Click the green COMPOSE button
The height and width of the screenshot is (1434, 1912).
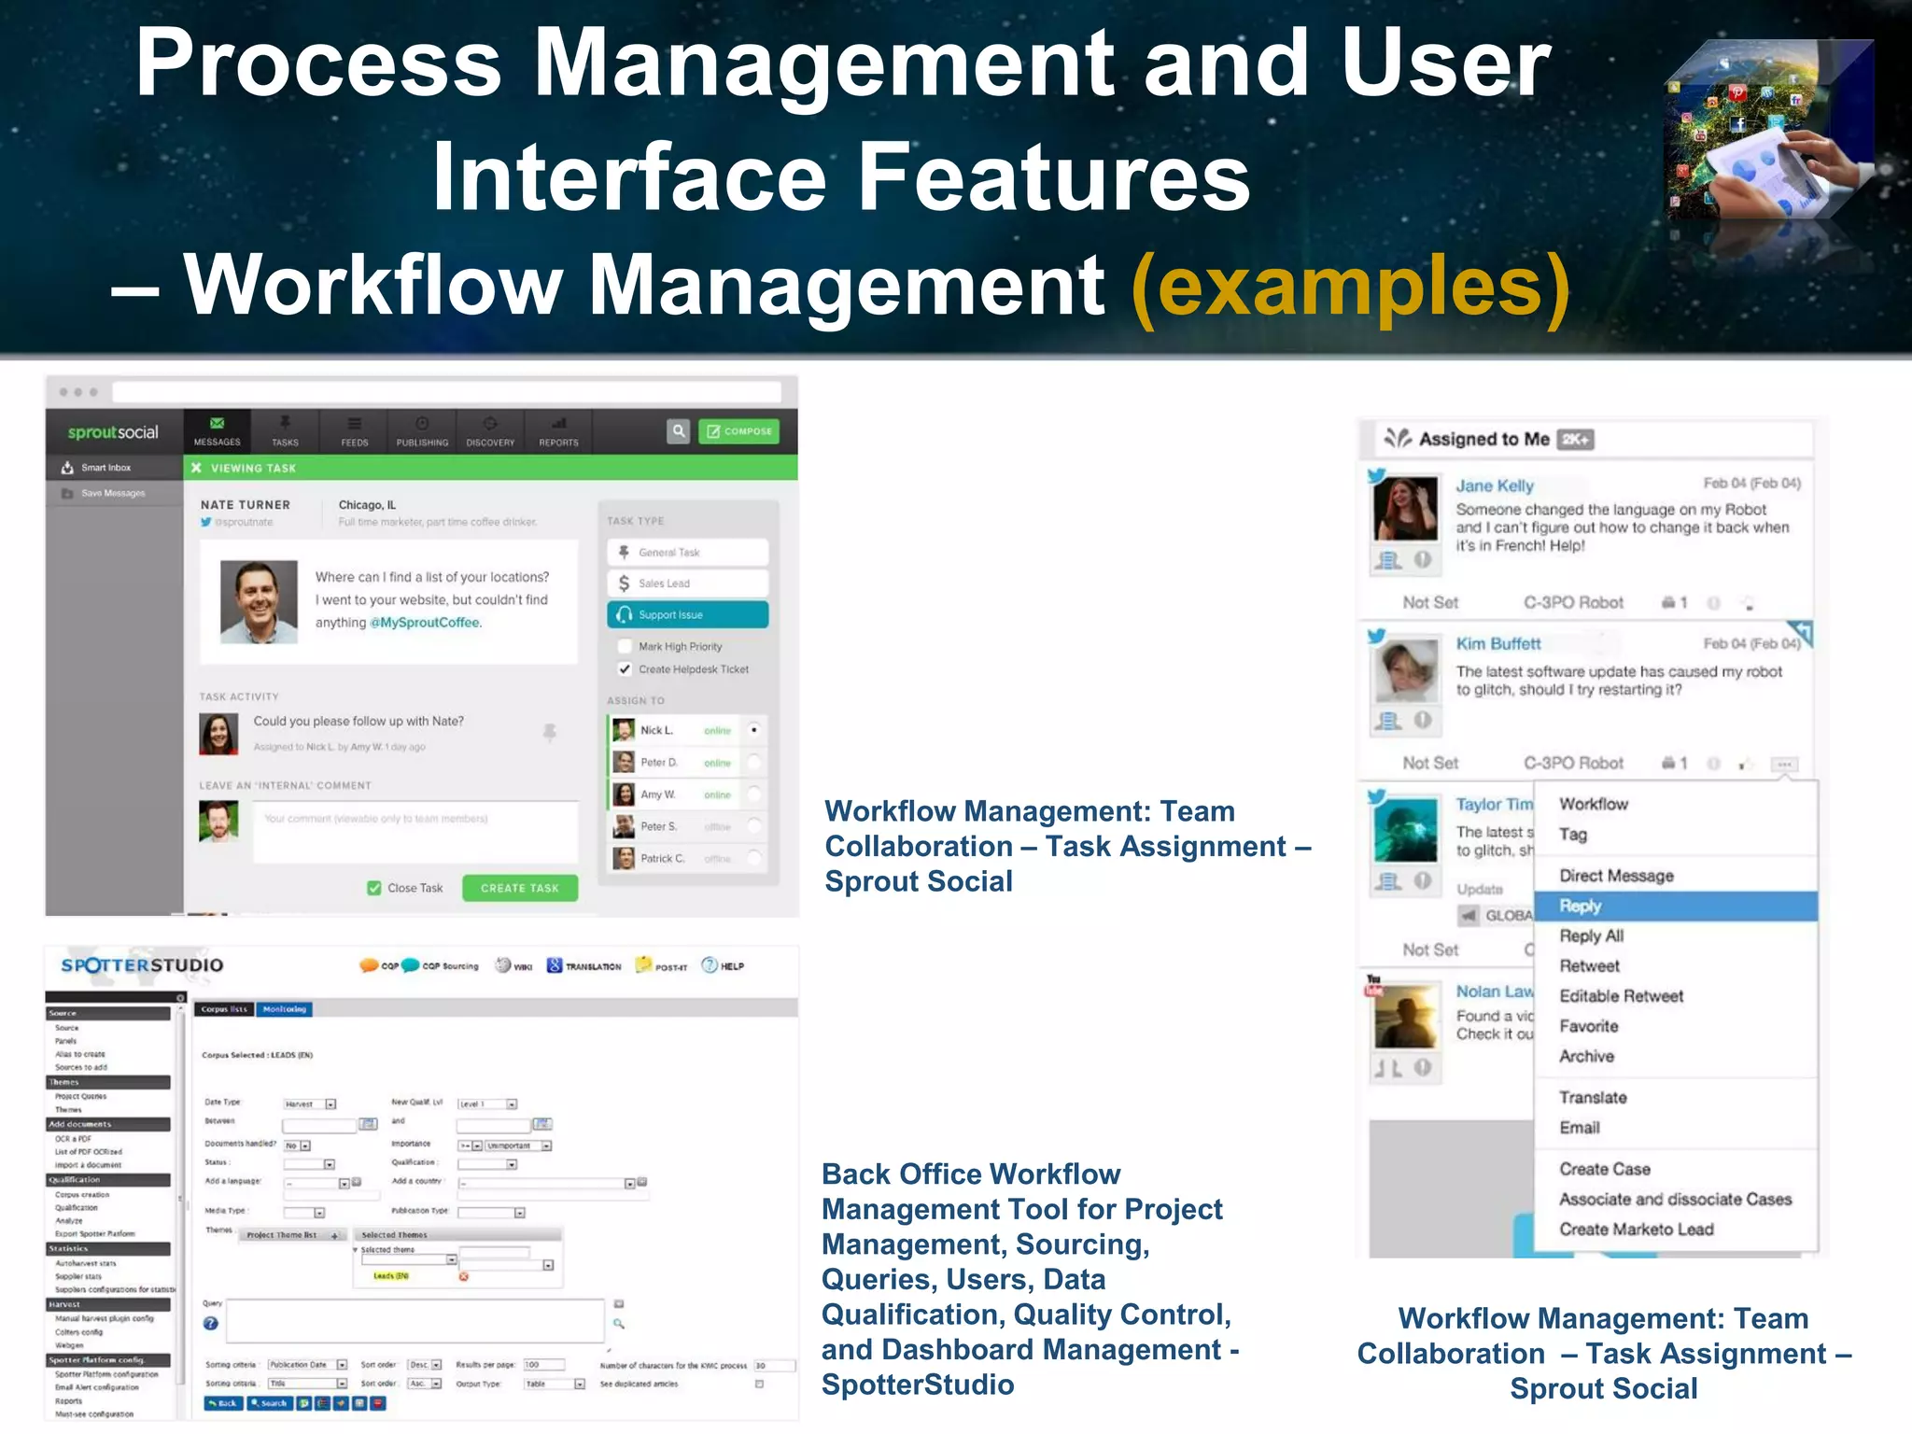(738, 431)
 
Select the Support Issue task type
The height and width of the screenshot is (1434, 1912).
(687, 614)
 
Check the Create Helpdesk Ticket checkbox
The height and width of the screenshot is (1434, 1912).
(625, 669)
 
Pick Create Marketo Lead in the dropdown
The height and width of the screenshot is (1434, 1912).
(1636, 1230)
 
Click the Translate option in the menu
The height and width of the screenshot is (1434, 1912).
(1593, 1097)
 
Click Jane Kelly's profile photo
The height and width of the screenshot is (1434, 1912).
(1405, 510)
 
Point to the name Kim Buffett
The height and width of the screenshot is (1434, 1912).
(1497, 643)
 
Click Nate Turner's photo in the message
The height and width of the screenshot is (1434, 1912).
(259, 602)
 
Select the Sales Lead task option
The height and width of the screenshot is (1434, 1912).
(687, 583)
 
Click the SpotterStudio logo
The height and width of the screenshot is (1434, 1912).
(142, 965)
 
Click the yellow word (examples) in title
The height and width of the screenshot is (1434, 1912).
(1350, 288)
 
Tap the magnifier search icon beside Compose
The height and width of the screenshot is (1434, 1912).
(679, 431)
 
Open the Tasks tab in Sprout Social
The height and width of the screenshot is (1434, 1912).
(285, 431)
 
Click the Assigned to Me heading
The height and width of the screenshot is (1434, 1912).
(1483, 439)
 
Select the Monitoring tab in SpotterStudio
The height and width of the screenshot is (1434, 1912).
(284, 1009)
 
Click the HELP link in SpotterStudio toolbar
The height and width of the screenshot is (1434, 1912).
(724, 966)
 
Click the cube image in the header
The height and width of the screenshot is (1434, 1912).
(1768, 131)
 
